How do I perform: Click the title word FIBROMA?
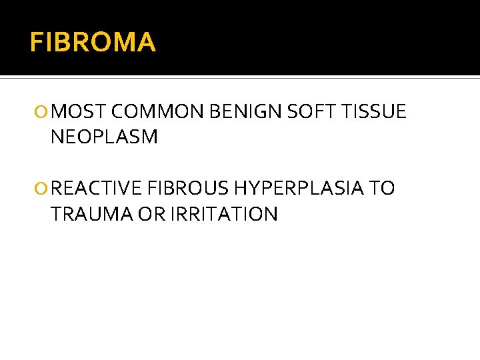point(93,43)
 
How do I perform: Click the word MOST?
point(77,111)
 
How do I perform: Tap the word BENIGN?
point(245,111)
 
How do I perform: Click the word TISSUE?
point(373,111)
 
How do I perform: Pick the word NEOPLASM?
point(104,137)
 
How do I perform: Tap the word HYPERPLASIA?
point(299,189)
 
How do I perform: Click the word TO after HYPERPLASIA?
point(382,189)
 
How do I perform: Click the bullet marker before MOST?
point(44,112)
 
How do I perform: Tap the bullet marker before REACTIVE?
point(44,189)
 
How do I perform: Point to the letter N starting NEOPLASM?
point(57,137)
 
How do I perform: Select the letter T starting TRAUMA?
point(56,215)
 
